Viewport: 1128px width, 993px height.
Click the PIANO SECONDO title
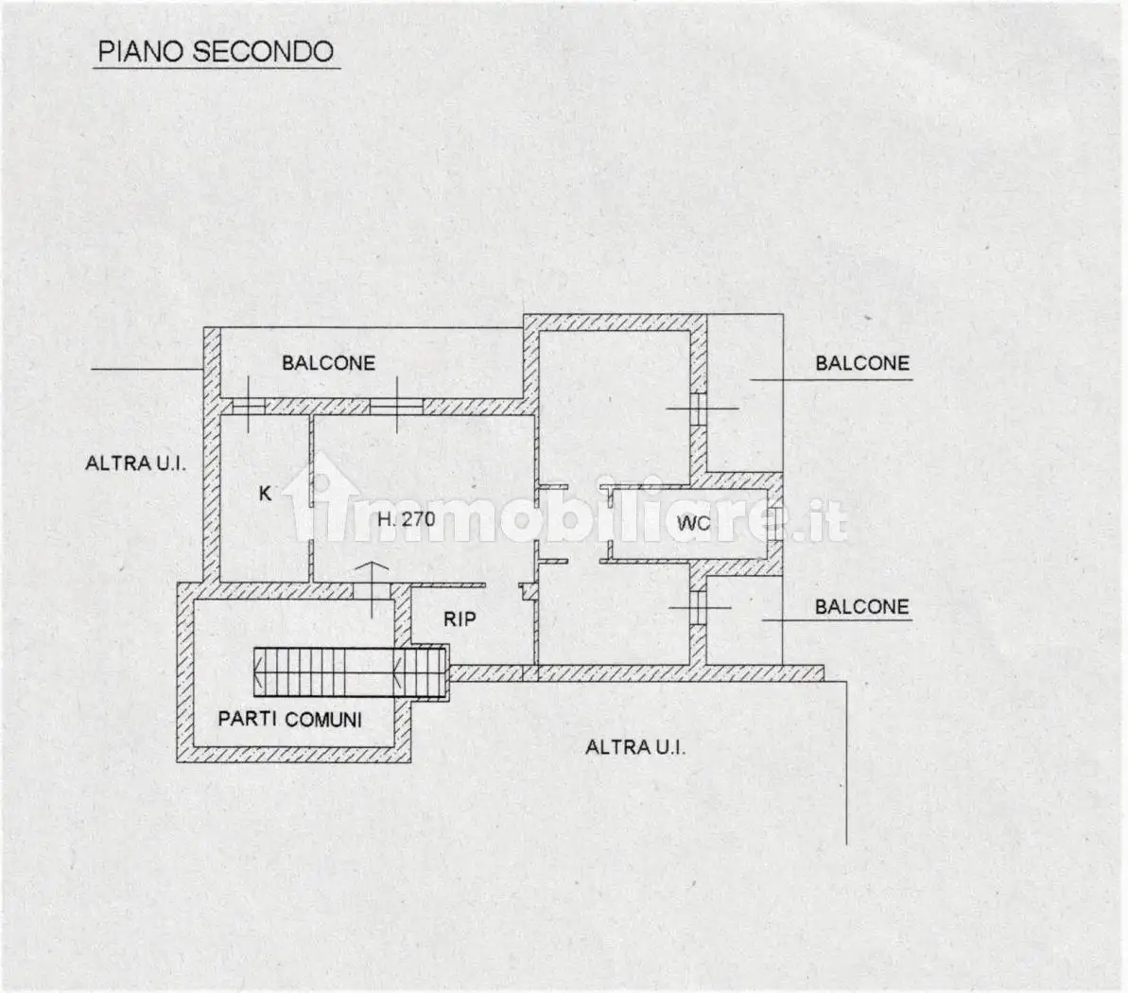coord(216,51)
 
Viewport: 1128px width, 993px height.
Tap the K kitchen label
coord(265,494)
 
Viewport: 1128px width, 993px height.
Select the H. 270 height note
coord(407,519)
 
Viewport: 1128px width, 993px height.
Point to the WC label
coord(693,523)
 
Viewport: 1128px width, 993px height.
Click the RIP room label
coord(459,618)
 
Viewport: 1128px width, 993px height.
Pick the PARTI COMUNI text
coord(290,719)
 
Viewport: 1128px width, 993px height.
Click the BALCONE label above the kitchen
coord(328,362)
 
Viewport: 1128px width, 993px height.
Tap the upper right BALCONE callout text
coord(862,363)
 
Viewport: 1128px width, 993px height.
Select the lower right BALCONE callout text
coord(861,606)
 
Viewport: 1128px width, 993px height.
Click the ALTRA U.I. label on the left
coord(135,462)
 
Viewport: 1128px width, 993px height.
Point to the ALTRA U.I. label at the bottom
coord(635,747)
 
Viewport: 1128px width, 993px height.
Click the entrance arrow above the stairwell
coord(373,588)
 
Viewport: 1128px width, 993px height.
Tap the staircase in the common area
coord(351,672)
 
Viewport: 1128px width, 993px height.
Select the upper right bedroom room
coord(615,408)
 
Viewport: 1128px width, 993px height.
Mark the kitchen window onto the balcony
coord(249,407)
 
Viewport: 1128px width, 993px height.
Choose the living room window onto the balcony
coord(396,407)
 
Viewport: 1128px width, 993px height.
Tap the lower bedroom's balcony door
coord(698,608)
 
